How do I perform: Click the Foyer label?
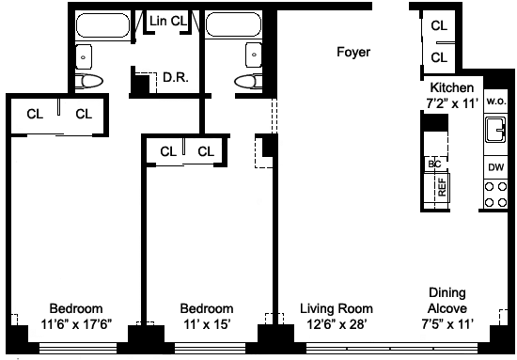353,52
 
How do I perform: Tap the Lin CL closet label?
168,21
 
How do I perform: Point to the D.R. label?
176,77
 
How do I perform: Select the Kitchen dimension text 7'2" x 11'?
452,103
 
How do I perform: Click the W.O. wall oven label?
496,102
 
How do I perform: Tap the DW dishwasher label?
496,167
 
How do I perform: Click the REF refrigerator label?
442,187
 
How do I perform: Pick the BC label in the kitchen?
434,164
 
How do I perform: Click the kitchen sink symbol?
495,129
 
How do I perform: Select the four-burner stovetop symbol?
495,195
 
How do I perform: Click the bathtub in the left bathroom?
102,25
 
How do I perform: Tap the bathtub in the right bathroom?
233,24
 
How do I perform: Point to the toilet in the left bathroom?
88,81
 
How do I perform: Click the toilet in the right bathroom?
248,81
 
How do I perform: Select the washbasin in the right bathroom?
254,55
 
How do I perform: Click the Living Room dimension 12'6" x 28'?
337,324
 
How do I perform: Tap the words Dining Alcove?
447,301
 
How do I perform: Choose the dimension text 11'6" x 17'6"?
76,324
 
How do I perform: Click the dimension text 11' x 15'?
207,324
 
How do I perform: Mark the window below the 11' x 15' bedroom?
210,348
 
